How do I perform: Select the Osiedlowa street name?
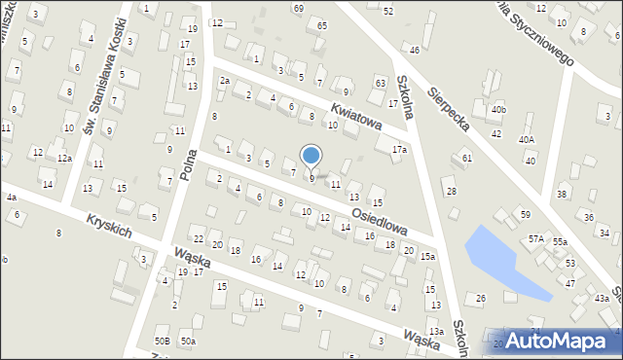379,214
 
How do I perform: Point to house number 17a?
398,150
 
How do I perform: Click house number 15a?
427,256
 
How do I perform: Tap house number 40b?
498,109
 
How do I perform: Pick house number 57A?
535,238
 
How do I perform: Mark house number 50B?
163,341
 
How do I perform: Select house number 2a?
225,81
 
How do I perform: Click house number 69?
298,8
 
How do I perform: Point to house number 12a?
64,158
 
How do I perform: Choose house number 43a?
602,298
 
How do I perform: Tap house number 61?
467,158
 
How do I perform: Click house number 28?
451,191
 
